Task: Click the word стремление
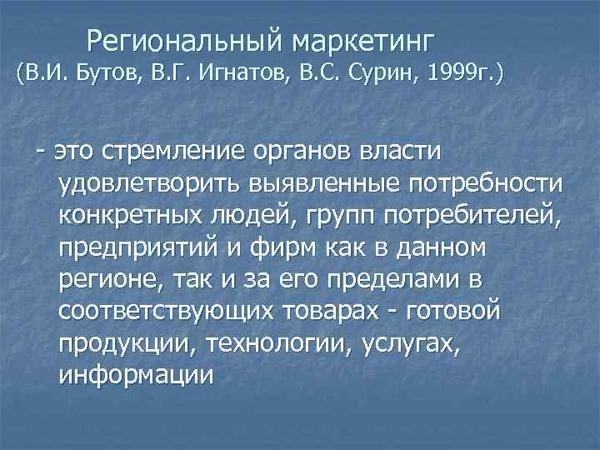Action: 170,152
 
